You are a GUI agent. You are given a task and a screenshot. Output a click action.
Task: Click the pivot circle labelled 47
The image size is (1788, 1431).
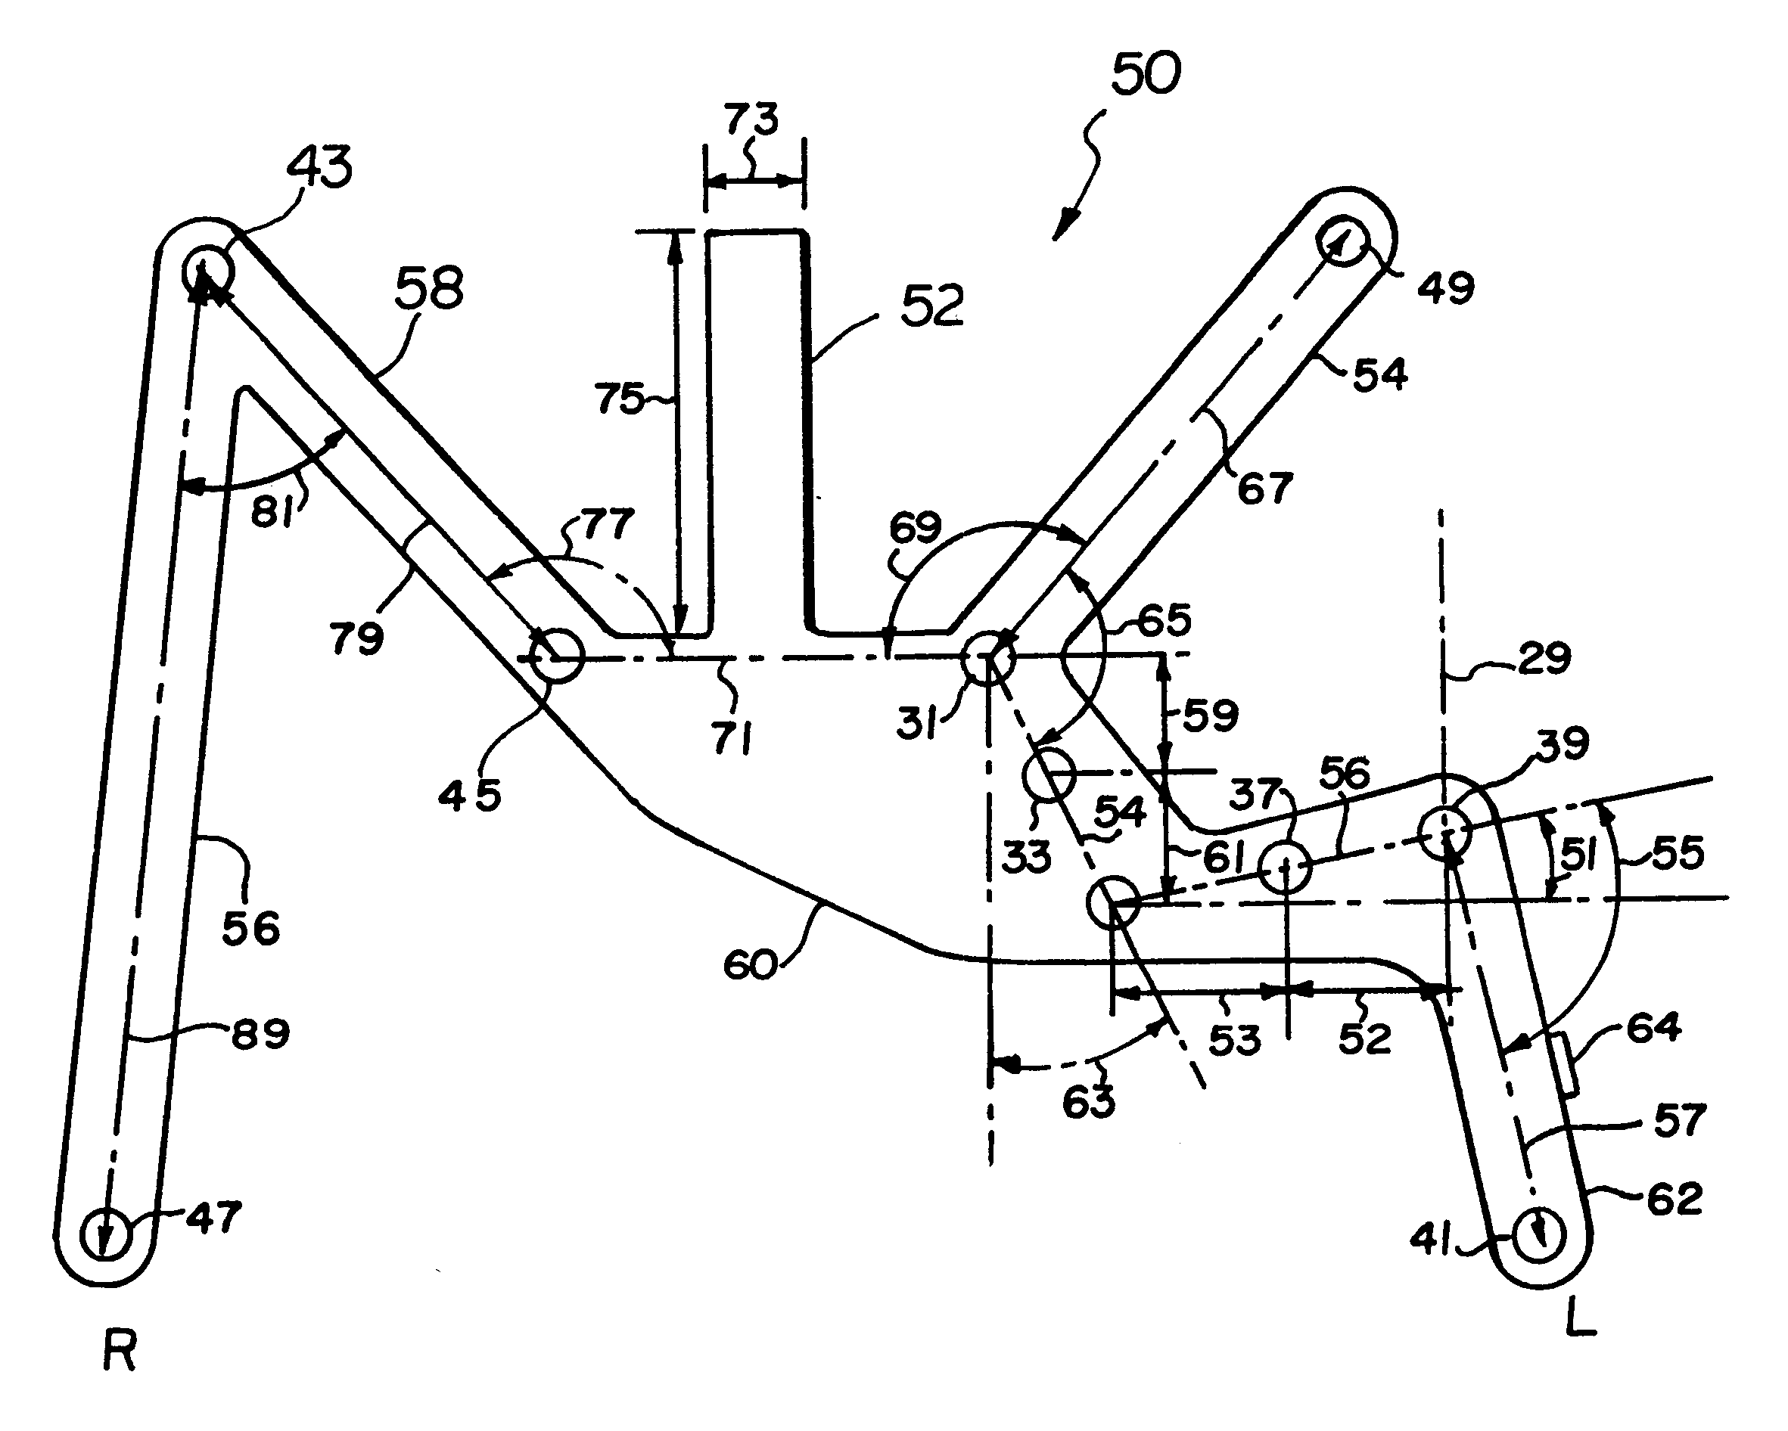105,1234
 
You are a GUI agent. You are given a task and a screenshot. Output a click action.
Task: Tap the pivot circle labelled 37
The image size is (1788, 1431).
1285,868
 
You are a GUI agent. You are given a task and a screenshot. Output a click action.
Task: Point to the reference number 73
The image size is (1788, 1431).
752,120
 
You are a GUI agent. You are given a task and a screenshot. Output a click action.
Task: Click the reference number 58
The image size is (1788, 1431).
429,287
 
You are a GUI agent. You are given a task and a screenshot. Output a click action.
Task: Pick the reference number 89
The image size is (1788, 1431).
260,1034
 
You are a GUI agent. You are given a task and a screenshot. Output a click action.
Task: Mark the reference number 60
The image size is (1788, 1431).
751,965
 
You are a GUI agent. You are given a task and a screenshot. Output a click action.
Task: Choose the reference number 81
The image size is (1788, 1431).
273,514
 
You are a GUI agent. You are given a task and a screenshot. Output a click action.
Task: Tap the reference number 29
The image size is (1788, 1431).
1544,658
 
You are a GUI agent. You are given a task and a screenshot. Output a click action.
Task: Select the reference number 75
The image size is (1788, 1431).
620,399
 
